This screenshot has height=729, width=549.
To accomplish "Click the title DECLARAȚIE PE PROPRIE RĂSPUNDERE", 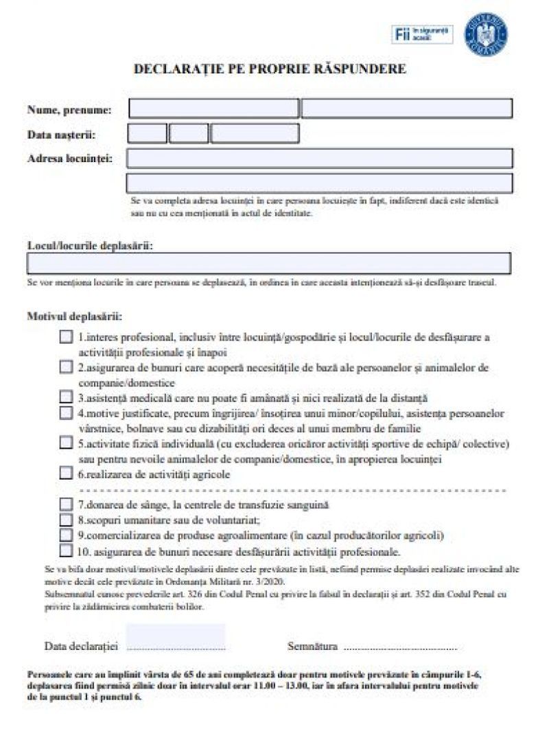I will pos(269,69).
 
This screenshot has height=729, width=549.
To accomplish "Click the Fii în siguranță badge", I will pos(423,34).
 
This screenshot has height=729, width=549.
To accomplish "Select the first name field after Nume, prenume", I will pos(213,108).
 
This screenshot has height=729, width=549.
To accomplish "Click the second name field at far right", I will pos(407,108).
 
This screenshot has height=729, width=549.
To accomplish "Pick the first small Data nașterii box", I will pos(147,133).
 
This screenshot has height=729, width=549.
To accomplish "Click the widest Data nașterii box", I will pos(255,133).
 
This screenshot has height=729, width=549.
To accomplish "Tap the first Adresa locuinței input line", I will pos(319,158).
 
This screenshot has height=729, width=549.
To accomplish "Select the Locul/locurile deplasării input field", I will pos(269,264).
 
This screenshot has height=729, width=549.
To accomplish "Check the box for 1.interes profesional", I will pos(66,337).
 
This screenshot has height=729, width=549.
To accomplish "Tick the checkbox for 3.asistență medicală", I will pos(66,397).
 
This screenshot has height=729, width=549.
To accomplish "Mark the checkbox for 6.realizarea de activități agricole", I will pos(66,473).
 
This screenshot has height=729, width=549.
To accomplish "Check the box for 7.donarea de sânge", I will pos(66,505).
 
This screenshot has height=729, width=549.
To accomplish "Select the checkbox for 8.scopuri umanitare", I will pos(66,520).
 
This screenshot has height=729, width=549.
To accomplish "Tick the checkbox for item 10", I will pos(66,550).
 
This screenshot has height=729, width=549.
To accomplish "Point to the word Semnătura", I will pos(312,646).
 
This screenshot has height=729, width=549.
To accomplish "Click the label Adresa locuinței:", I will pos(70,158).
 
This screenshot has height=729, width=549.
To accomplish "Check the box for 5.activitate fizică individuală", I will pos(66,443).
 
